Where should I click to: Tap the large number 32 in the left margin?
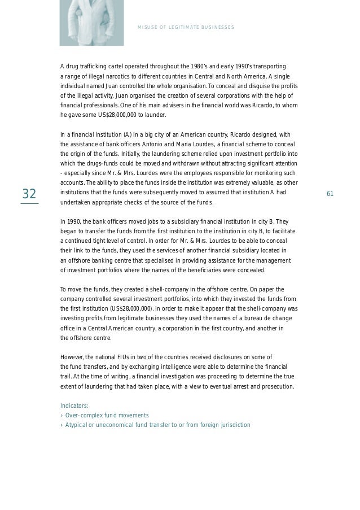pyautogui.click(x=29, y=194)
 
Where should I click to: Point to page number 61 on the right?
pyautogui.click(x=330, y=194)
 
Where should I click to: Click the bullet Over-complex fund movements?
pyautogui.click(x=107, y=415)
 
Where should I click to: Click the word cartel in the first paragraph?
pyautogui.click(x=121, y=66)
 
